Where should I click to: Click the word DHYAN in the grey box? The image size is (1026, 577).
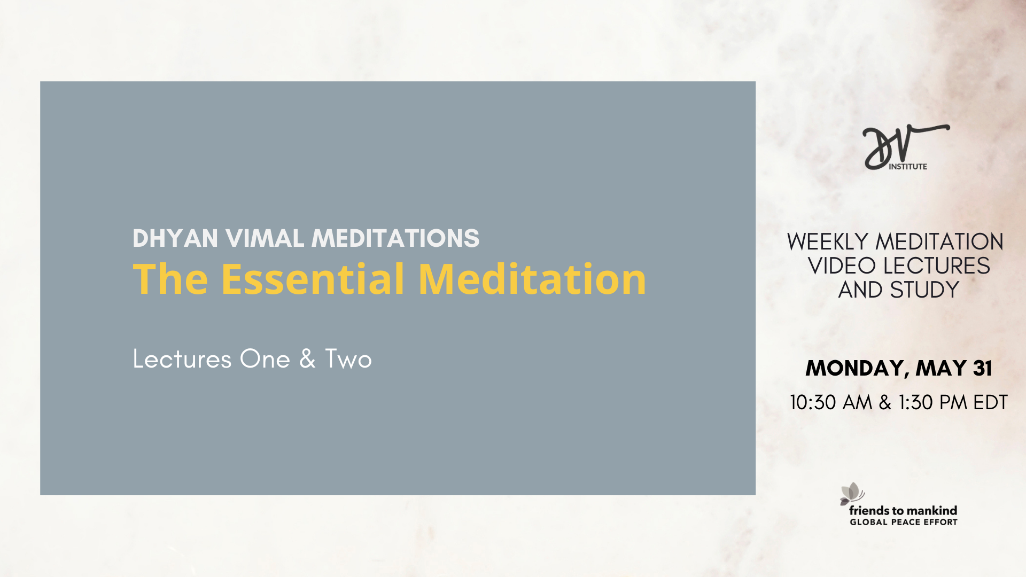tap(175, 238)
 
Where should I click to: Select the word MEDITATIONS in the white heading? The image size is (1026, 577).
tap(395, 238)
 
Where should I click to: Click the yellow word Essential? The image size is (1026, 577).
tap(313, 279)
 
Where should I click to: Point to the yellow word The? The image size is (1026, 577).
tap(170, 279)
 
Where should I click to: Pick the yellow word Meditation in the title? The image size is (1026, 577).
tap(532, 279)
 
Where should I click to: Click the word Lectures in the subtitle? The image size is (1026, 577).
tap(182, 359)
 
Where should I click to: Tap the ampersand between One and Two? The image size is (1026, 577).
tap(307, 359)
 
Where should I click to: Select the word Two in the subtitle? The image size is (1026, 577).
tap(348, 359)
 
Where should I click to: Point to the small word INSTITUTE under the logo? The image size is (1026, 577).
tap(908, 167)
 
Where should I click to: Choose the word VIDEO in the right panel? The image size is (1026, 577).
tap(842, 266)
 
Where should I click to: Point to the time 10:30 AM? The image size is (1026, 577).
tap(831, 403)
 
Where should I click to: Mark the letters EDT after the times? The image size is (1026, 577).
tap(990, 403)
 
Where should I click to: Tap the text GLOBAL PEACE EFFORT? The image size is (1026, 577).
tap(904, 523)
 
